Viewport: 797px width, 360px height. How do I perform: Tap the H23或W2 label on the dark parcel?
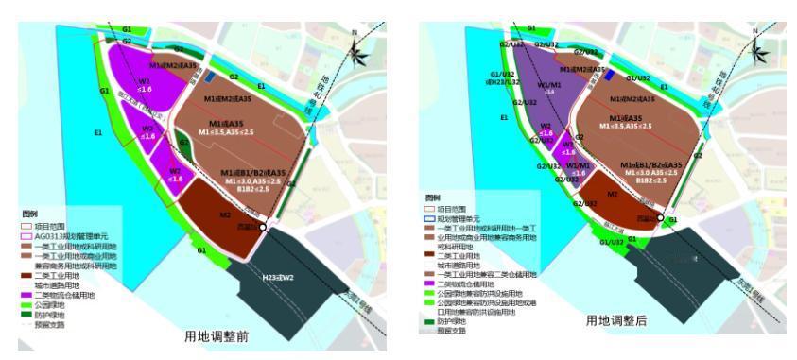(x=277, y=277)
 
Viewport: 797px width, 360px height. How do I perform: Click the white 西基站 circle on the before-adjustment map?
(x=263, y=228)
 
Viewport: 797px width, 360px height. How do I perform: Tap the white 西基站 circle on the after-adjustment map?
(x=660, y=218)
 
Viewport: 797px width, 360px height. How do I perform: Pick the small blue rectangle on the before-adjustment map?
(x=210, y=75)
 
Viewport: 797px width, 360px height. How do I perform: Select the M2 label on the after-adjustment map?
(x=612, y=194)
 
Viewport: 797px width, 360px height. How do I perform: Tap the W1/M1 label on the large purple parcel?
(x=548, y=87)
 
